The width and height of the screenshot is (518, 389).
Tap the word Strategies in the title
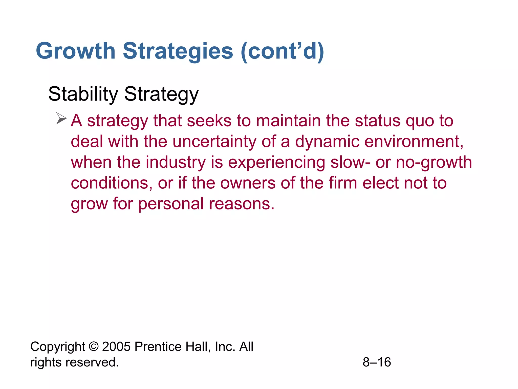pos(178,51)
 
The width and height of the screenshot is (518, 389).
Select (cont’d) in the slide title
pos(282,51)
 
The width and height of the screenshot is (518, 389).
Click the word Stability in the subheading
pos(83,94)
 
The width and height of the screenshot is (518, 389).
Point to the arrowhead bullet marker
pos(61,119)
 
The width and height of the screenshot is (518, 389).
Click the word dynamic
pos(327,141)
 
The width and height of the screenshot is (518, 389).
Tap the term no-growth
pos(434,162)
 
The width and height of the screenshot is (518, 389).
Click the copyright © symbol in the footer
pos(94,347)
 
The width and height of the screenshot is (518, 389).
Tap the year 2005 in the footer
pos(116,347)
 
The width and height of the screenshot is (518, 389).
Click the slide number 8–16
pos(377,362)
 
